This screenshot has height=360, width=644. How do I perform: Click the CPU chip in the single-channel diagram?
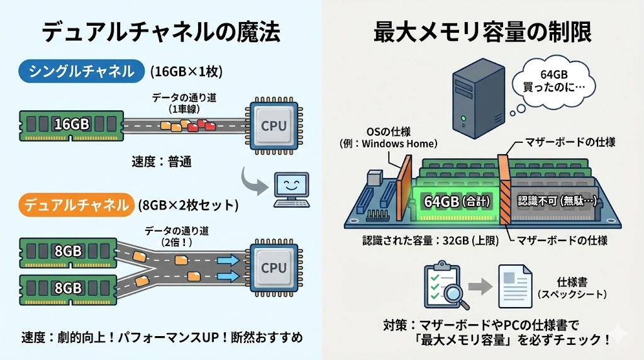pyautogui.click(x=273, y=125)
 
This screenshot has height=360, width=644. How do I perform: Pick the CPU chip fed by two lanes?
pyautogui.click(x=273, y=267)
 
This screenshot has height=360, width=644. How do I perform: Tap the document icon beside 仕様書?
pyautogui.click(x=514, y=287)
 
